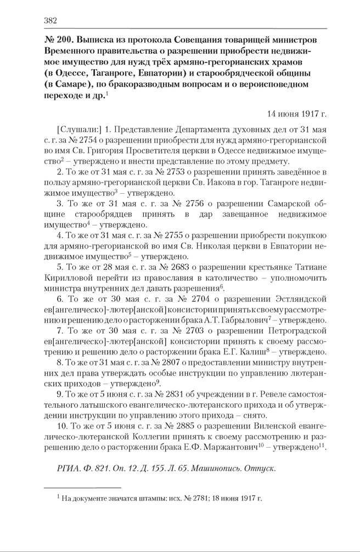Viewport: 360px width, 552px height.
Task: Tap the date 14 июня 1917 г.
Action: pos(297,114)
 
